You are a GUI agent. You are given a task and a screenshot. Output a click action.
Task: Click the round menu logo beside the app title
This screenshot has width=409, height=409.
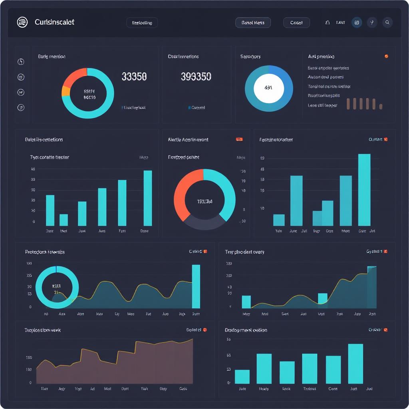22,22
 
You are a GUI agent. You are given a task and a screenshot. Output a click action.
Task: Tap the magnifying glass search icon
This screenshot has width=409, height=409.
387,22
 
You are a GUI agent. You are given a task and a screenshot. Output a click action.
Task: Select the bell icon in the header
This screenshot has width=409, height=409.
328,23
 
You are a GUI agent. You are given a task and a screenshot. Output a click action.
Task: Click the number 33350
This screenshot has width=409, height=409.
134,76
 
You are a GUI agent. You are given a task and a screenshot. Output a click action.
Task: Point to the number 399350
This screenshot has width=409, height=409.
196,76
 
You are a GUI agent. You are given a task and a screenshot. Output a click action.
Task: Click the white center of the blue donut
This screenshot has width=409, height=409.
268,87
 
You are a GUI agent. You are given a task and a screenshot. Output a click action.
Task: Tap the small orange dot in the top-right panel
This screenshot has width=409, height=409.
386,56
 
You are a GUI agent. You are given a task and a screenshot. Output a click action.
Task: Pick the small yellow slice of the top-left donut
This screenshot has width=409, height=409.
66,91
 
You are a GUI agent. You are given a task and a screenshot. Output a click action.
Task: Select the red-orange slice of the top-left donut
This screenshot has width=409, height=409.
74,76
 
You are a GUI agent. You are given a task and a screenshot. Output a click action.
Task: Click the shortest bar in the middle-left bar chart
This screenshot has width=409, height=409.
64,220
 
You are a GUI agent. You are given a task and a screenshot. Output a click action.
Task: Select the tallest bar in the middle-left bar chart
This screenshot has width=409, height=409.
148,198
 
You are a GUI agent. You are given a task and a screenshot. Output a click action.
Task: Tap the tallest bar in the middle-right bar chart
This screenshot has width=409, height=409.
364,190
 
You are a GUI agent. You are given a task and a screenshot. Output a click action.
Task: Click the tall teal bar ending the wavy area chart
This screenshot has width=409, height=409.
196,286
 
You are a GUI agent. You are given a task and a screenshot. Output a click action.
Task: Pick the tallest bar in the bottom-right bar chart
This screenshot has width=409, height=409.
355,363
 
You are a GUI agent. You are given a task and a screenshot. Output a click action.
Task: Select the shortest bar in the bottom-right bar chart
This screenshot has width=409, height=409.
242,377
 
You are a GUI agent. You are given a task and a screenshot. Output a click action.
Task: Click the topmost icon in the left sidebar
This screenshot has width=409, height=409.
21,62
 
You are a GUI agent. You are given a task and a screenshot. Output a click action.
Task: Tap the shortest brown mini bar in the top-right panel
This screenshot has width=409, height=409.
381,107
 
